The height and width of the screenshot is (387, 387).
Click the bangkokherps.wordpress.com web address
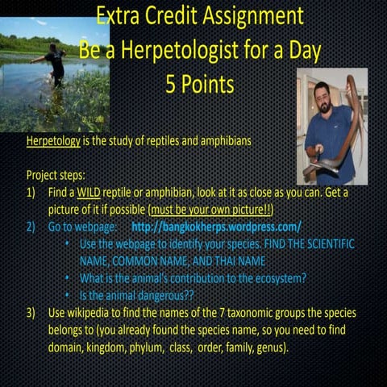click(x=216, y=227)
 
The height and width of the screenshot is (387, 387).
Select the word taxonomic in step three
click(x=230, y=312)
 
